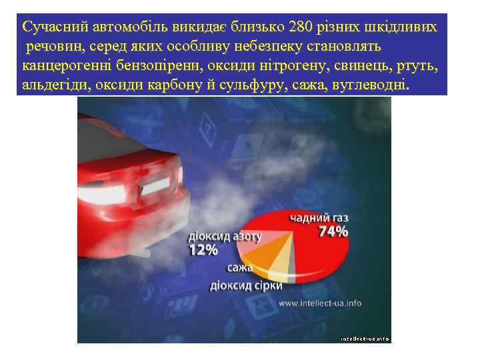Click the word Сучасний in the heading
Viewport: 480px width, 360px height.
[x=53, y=27]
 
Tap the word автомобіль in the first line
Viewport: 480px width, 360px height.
[x=121, y=27]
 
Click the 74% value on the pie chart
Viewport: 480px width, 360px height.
[x=333, y=232]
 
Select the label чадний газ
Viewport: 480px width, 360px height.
[x=319, y=218]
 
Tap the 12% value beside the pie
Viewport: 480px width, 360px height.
[x=204, y=250]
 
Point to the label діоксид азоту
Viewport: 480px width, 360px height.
[x=225, y=237]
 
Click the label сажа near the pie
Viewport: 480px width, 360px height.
[x=239, y=268]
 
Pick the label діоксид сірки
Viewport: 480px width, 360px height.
[x=246, y=285]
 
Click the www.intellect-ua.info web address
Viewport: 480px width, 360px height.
[x=320, y=303]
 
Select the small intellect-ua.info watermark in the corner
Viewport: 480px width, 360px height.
[x=365, y=339]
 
